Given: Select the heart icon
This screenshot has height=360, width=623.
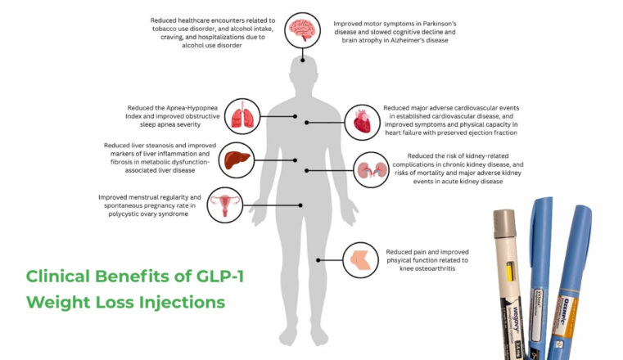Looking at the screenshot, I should (361, 122).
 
